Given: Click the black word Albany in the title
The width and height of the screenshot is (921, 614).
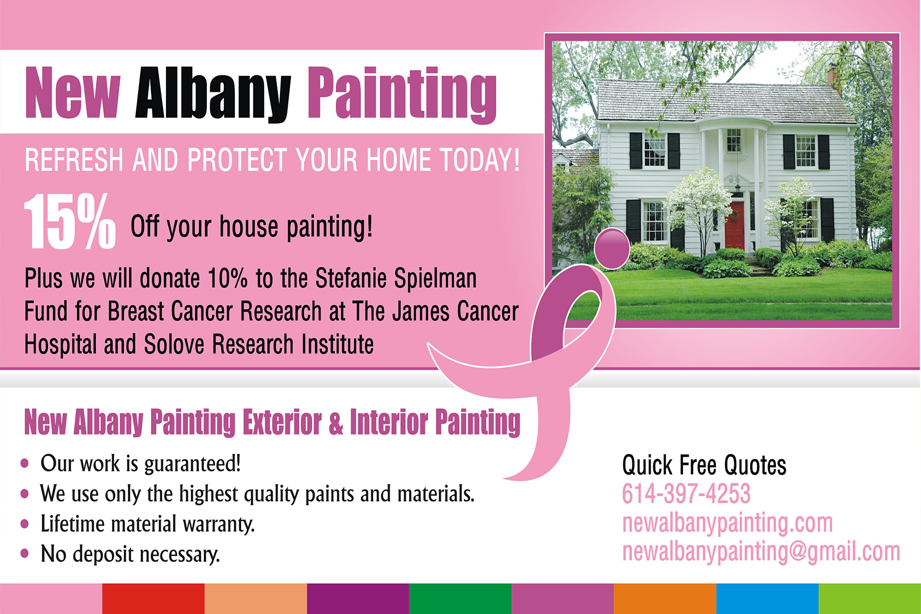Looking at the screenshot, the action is click(213, 95).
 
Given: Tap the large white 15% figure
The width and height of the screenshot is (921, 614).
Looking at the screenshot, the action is click(70, 222).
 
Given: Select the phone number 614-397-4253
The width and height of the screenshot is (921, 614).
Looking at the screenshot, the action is click(686, 494).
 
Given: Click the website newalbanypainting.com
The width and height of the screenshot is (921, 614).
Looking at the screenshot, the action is click(727, 523).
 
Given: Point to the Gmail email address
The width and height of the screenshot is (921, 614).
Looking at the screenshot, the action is click(761, 552).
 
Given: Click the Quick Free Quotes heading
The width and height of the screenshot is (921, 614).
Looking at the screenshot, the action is click(704, 465).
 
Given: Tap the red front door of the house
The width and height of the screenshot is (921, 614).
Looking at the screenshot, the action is click(734, 225).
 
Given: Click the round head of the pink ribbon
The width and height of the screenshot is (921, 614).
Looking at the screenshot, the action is click(612, 248).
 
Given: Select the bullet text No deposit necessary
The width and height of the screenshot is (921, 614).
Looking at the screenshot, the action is click(130, 554).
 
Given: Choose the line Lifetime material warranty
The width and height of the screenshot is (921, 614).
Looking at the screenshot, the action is click(147, 524).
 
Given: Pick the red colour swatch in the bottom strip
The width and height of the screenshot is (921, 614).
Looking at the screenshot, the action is click(154, 599).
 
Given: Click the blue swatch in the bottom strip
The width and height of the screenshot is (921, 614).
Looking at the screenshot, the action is click(767, 599).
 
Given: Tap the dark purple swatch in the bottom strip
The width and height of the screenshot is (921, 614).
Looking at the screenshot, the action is click(358, 599).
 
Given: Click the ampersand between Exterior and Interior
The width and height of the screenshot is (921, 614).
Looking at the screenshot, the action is click(336, 423).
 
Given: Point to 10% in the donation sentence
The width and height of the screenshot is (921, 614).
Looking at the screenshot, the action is click(228, 279).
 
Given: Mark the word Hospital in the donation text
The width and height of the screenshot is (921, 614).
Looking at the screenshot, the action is click(60, 344).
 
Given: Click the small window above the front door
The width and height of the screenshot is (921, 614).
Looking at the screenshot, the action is click(734, 140).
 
